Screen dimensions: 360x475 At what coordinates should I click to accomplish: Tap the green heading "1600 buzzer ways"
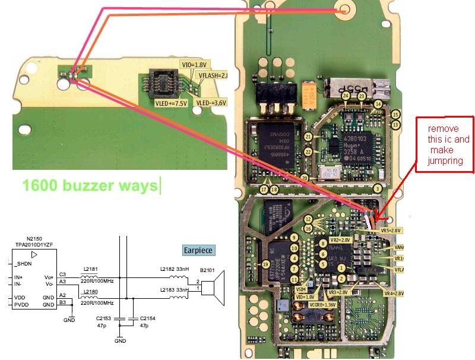click(x=90, y=185)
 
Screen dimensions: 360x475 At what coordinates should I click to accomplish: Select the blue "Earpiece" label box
click(x=198, y=250)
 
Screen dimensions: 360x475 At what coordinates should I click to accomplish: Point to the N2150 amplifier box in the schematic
click(x=34, y=279)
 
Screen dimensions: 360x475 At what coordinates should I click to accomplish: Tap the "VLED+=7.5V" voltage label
click(x=170, y=103)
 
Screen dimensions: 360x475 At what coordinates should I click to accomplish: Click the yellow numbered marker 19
click(x=266, y=264)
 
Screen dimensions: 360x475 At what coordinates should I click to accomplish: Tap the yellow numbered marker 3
click(x=376, y=190)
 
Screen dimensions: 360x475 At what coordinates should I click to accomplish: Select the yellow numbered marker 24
click(x=346, y=96)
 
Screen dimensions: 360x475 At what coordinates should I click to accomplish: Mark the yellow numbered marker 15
click(x=395, y=114)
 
